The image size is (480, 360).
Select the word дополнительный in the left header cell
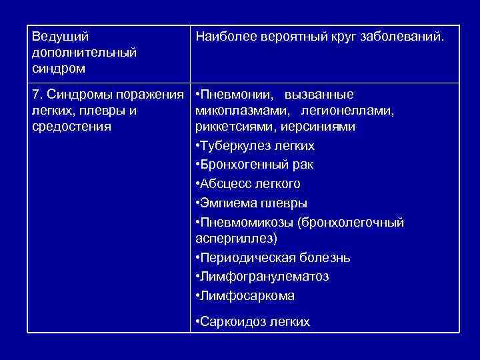84,53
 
